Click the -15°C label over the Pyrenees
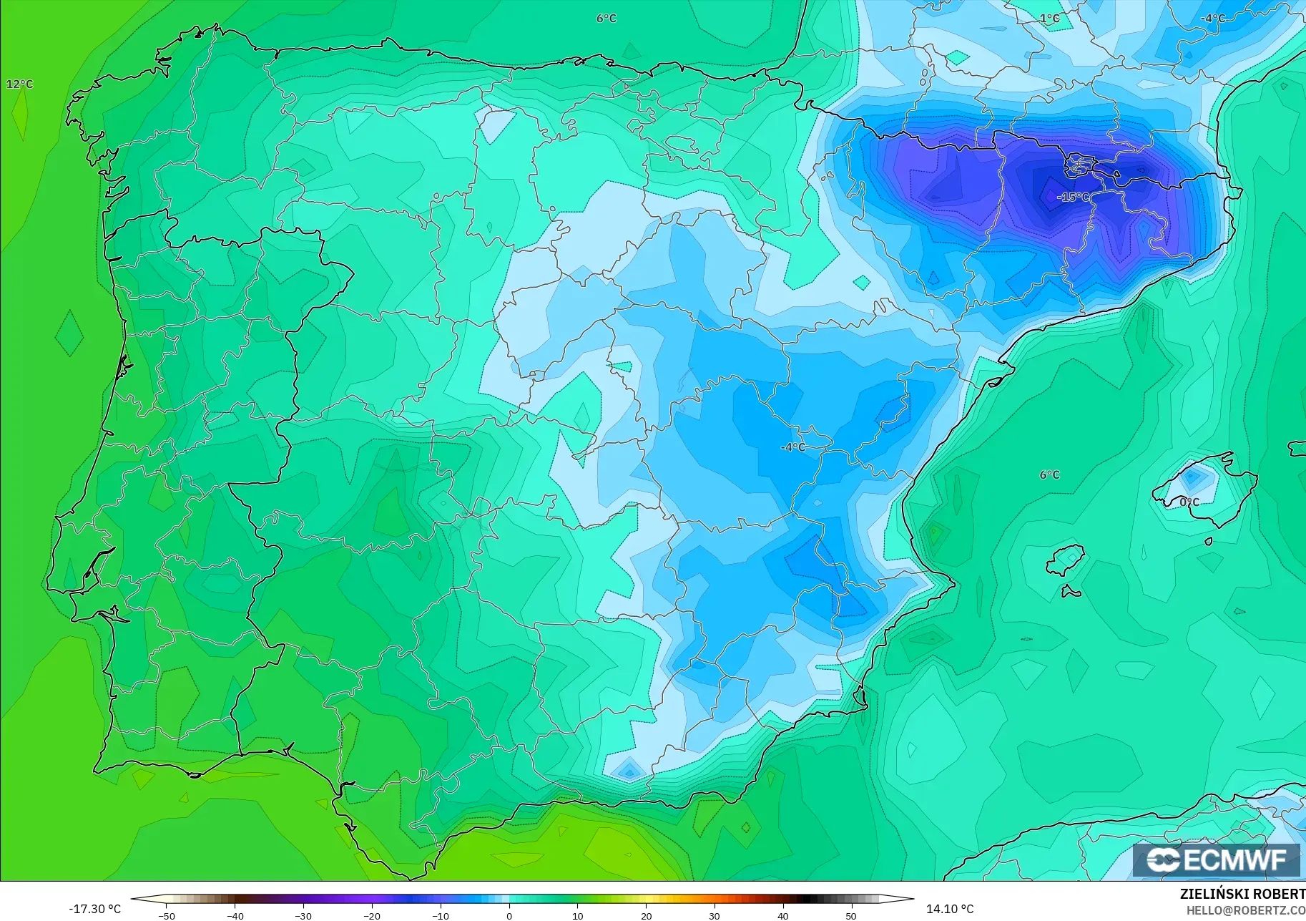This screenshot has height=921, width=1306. coord(1074,197)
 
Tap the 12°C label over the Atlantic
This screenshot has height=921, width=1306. coord(20,84)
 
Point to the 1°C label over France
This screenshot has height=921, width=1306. coord(1050,19)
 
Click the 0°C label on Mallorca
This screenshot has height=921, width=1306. coord(1189,502)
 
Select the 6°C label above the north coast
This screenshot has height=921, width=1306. coord(607,19)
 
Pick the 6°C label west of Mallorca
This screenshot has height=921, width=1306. coord(1050,475)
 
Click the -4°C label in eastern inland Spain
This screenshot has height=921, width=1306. coord(793,447)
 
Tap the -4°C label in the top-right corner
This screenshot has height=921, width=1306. coord(1213,19)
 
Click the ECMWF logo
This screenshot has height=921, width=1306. coord(1216,859)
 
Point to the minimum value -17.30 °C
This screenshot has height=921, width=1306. coord(94,909)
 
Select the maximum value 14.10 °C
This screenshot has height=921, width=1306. coord(950,909)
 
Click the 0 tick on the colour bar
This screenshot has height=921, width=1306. coord(509,916)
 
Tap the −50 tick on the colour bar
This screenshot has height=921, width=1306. coord(166,916)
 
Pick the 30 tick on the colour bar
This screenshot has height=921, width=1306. coord(715,916)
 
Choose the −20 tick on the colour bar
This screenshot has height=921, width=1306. coord(371,916)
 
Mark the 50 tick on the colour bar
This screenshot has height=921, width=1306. coord(851,916)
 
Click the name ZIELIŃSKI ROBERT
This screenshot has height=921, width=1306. coord(1242,894)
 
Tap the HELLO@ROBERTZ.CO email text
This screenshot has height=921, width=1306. coord(1246,911)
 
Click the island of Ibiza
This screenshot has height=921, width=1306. coord(1066,560)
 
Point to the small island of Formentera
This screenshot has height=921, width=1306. coord(1071,591)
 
